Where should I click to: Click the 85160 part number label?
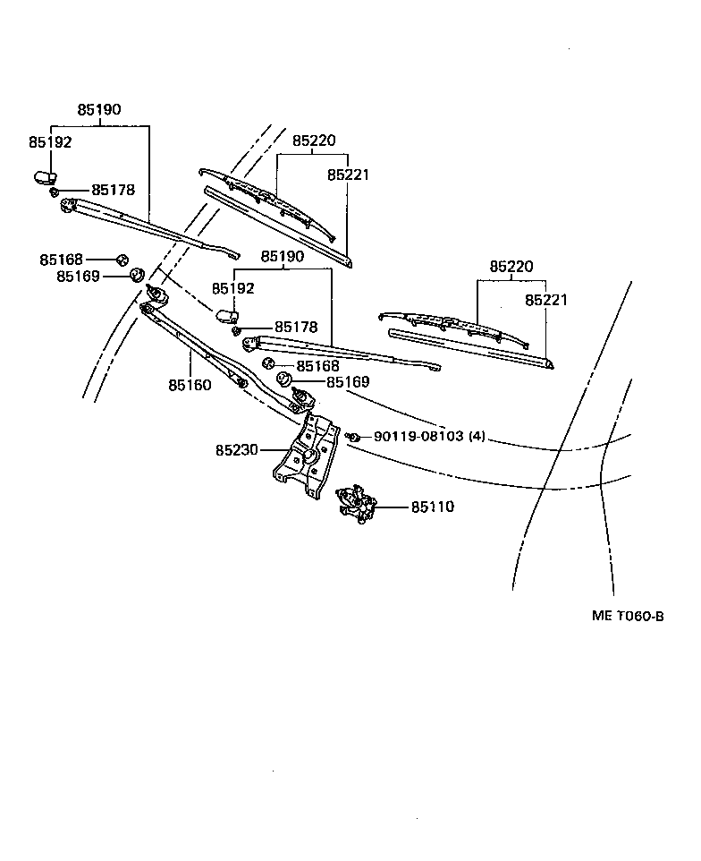coord(190,386)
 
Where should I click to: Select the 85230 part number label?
coord(237,450)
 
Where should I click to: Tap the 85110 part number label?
coord(433,507)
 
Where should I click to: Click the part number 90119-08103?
coord(418,437)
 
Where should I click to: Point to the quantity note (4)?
coord(477,437)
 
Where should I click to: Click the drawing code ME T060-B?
coord(628,616)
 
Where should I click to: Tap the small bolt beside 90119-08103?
coord(355,437)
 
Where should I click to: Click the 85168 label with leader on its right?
coord(61,260)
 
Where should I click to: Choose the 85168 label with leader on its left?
coord(318,366)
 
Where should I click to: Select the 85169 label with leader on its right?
coord(78,277)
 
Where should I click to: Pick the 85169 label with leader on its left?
coord(348,382)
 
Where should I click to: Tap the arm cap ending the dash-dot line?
coord(225,313)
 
